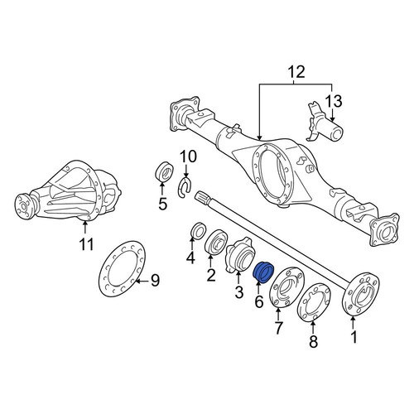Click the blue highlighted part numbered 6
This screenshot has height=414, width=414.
(263, 272)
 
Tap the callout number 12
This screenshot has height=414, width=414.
(296, 72)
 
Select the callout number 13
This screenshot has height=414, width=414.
(333, 101)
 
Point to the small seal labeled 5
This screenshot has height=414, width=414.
(163, 172)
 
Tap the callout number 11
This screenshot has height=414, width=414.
(86, 244)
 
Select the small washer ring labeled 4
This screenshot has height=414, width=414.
(198, 230)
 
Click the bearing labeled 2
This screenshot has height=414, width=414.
(217, 242)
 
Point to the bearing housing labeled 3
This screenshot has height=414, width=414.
(239, 255)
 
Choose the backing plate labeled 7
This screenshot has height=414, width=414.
(286, 287)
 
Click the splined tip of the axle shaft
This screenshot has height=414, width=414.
(200, 197)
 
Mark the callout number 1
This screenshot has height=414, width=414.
(354, 337)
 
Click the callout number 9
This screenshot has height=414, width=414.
(155, 281)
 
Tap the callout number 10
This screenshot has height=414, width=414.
(188, 156)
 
